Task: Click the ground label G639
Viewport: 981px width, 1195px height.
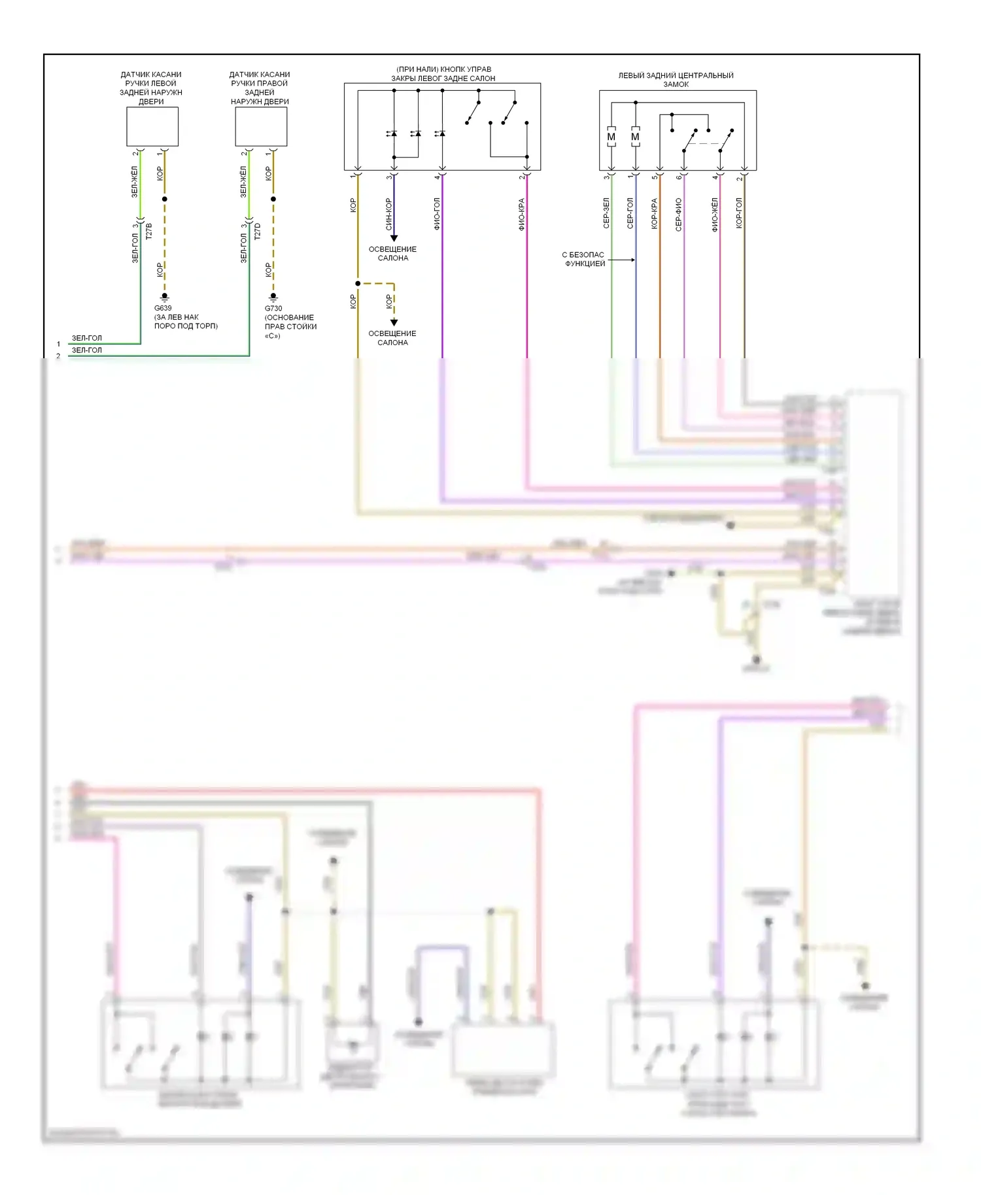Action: (x=163, y=308)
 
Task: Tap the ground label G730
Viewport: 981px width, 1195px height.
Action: (x=273, y=309)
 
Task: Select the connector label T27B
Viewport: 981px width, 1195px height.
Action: (x=148, y=231)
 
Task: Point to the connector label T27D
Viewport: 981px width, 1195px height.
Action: (x=257, y=231)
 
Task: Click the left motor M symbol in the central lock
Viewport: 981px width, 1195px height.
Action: (x=611, y=137)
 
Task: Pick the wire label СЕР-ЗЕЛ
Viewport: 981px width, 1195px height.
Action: (x=606, y=213)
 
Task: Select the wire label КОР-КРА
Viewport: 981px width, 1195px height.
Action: (x=654, y=213)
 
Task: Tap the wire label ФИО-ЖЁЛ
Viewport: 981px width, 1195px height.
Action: (x=715, y=214)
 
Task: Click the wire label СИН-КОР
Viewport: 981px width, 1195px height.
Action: (x=388, y=214)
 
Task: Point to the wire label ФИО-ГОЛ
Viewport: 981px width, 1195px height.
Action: (x=437, y=214)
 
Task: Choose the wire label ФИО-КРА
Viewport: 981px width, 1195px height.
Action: (x=521, y=214)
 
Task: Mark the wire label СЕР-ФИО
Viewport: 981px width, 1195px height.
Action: (x=678, y=214)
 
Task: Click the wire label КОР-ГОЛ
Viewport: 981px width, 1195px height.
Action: (x=739, y=213)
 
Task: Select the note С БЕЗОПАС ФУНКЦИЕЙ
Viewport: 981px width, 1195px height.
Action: (x=584, y=259)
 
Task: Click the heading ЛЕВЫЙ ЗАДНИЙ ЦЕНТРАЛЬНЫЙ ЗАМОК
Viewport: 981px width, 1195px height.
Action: (x=676, y=80)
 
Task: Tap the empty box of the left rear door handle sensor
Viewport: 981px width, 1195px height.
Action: (x=152, y=126)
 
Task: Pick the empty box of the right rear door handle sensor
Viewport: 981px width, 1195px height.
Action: (x=261, y=126)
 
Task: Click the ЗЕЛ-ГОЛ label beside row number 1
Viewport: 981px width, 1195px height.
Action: (x=87, y=338)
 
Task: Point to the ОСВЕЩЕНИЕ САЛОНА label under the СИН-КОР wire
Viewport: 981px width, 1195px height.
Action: (x=392, y=254)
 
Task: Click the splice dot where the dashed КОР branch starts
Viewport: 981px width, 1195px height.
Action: (x=358, y=283)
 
